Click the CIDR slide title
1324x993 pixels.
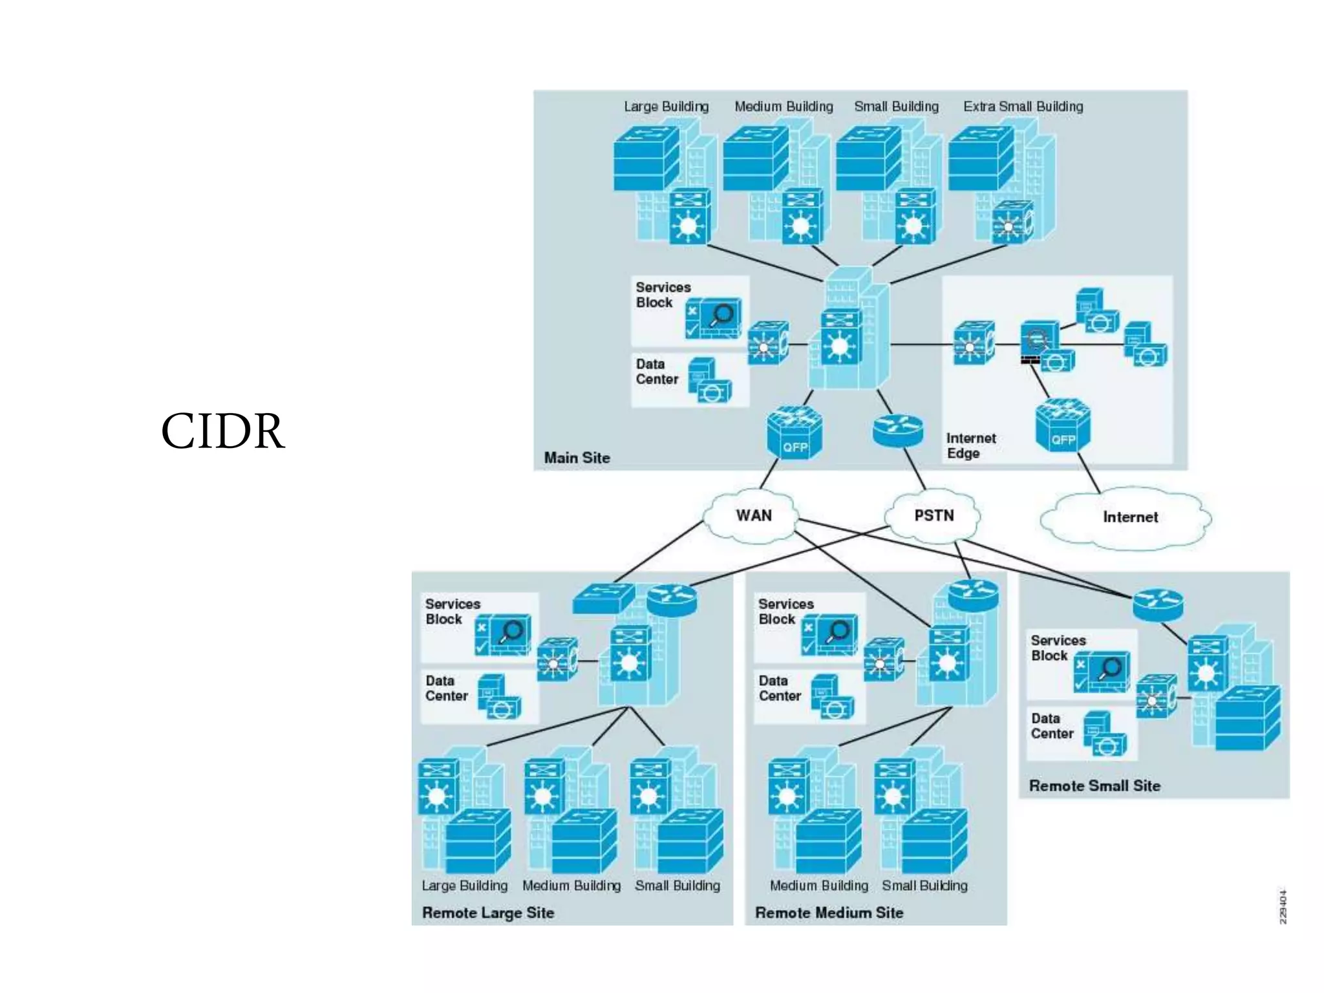[x=222, y=431]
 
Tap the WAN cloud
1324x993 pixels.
[x=753, y=516]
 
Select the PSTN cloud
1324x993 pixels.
[x=934, y=516]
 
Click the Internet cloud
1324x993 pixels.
[x=1129, y=517]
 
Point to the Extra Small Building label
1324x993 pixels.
[x=1023, y=107]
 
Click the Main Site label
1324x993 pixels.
[x=577, y=458]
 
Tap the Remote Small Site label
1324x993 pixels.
[x=1094, y=785]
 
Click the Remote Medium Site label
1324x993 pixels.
[x=829, y=912]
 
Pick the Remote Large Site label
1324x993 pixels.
[x=488, y=912]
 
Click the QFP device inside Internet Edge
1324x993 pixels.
[x=1062, y=427]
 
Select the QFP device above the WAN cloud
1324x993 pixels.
[x=795, y=433]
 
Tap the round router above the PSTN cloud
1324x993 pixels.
[x=897, y=429]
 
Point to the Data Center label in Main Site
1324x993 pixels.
[x=657, y=372]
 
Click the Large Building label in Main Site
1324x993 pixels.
[x=666, y=107]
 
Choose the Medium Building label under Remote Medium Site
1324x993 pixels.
[x=818, y=885]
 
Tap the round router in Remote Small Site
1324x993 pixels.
[x=1158, y=604]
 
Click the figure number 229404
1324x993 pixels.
[x=1283, y=906]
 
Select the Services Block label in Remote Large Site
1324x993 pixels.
[x=453, y=611]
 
